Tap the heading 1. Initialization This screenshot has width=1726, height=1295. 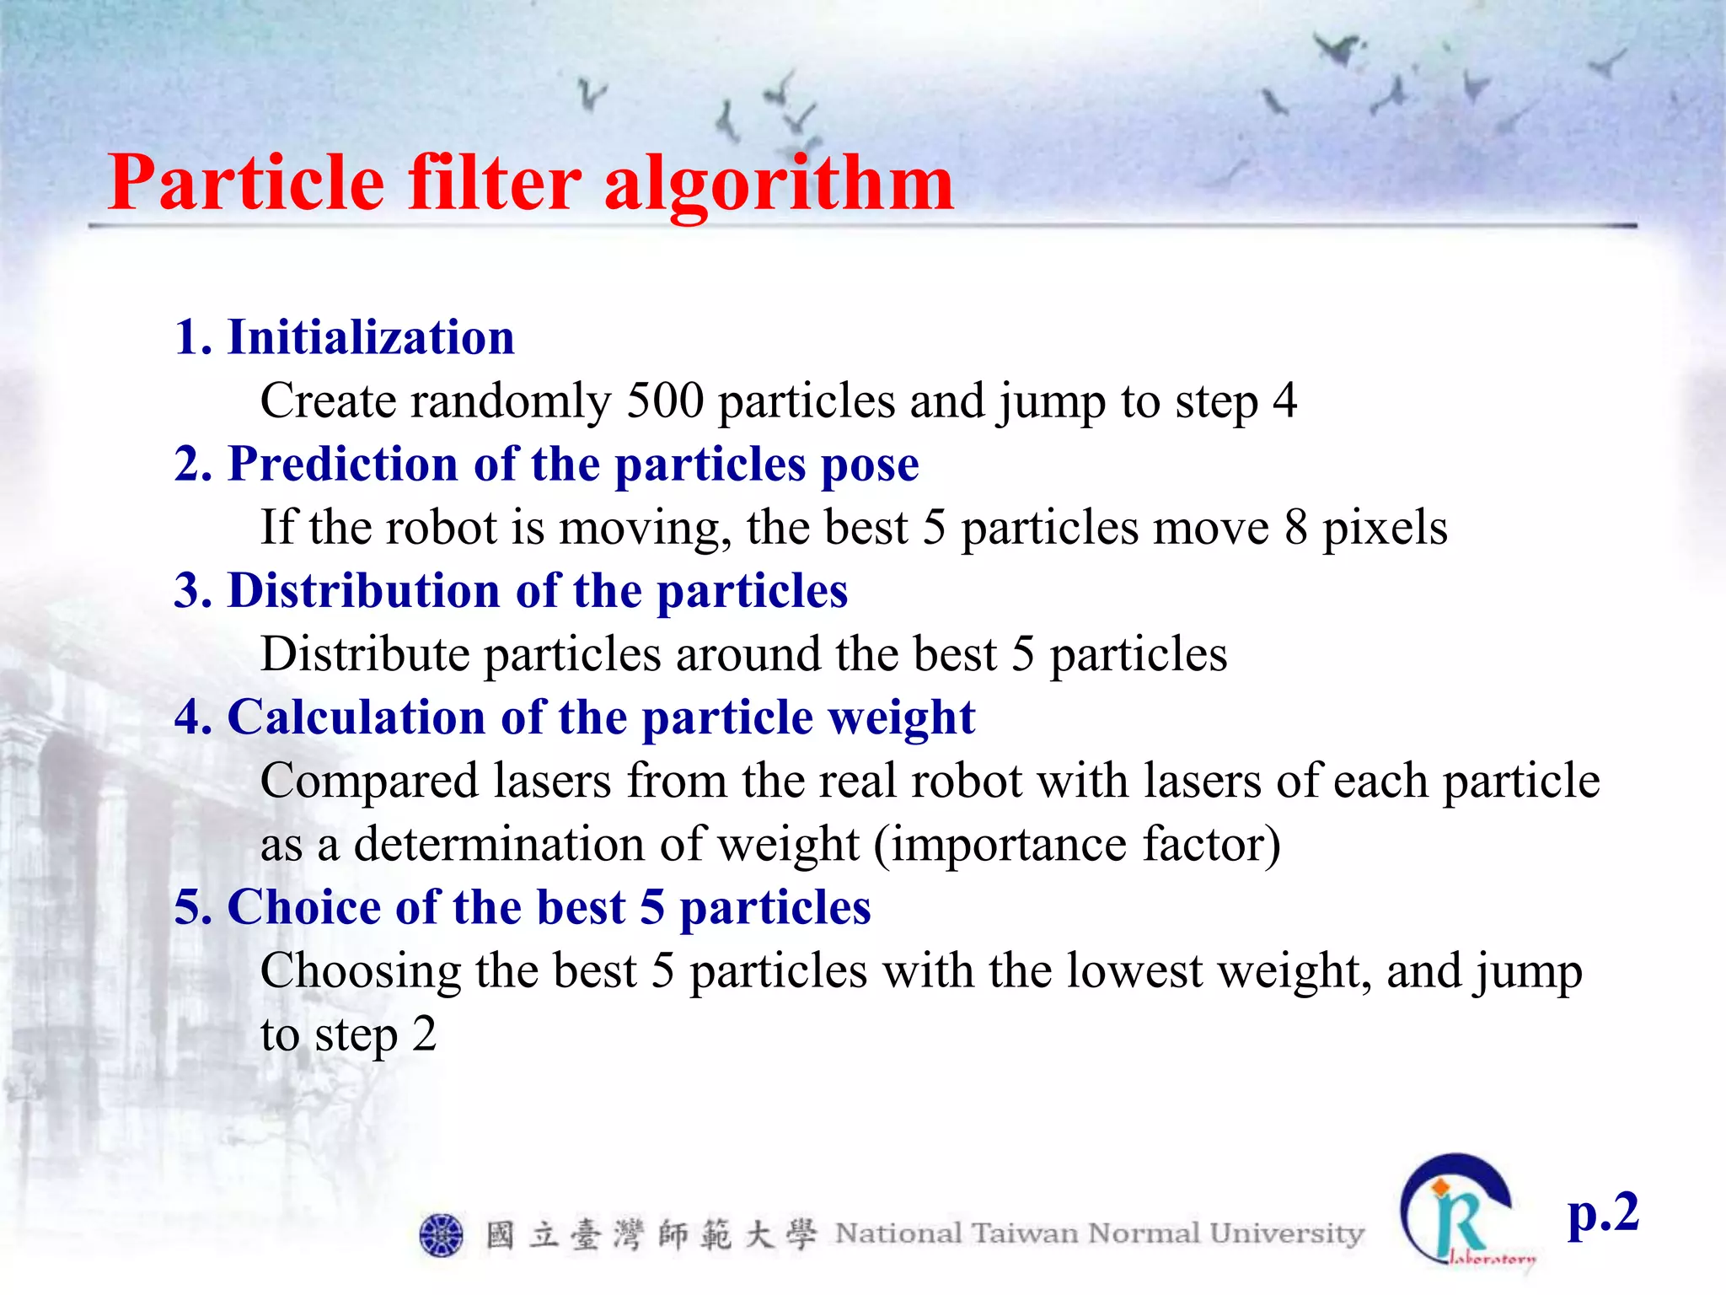344,337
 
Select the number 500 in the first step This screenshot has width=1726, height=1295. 665,400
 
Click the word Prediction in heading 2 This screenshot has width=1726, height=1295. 343,464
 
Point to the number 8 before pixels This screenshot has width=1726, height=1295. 1296,528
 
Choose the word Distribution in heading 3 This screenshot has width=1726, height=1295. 364,590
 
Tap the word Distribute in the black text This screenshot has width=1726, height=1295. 365,654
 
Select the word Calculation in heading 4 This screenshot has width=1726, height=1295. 356,717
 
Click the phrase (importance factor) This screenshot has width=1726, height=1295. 1077,845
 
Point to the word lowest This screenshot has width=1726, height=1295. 1134,970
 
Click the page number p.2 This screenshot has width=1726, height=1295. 1602,1214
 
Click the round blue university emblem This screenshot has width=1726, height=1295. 441,1235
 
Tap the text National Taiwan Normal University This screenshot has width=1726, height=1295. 1099,1233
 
